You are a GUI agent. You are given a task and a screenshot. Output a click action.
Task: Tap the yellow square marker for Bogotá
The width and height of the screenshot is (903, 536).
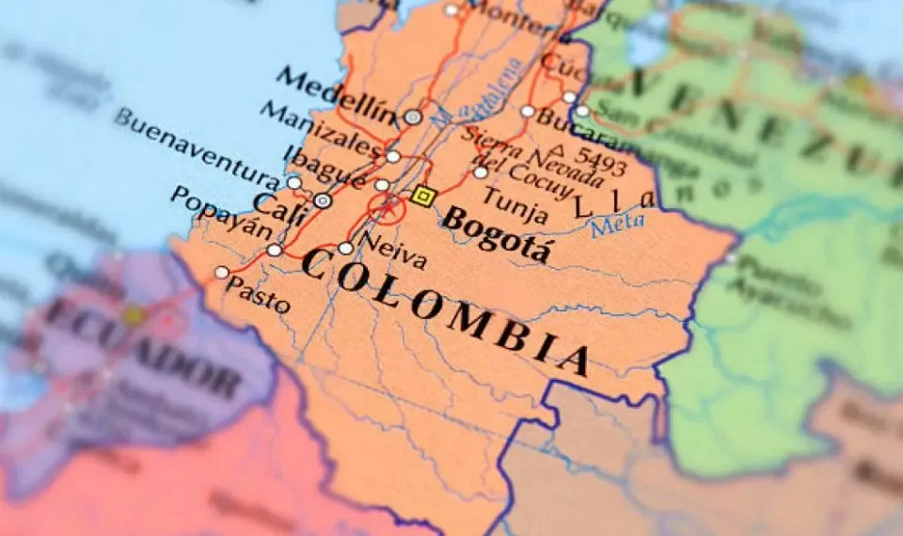(x=422, y=196)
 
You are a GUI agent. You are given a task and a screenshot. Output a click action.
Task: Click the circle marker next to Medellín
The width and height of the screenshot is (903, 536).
(x=413, y=118)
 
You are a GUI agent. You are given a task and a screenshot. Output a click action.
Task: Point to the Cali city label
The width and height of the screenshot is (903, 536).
(x=279, y=206)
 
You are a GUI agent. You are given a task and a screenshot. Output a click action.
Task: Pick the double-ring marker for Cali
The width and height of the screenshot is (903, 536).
(x=323, y=200)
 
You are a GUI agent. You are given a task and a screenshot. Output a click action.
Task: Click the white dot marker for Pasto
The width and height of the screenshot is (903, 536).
(x=222, y=273)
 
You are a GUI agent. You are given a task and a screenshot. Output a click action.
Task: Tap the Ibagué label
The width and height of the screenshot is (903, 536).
(x=328, y=167)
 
